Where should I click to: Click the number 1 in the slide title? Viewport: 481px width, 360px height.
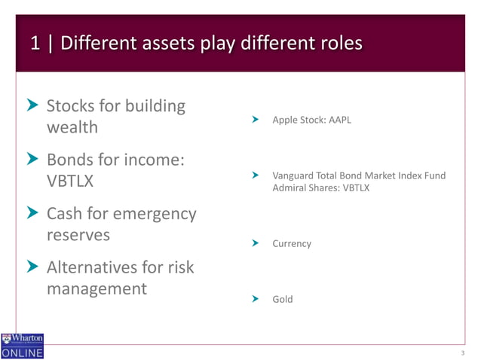[x=35, y=44]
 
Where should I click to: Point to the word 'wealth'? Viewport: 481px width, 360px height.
[x=72, y=127]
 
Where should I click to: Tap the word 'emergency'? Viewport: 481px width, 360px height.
[x=154, y=214]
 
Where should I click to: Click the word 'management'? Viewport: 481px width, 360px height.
[x=97, y=289]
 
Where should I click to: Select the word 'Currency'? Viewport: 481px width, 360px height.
[x=292, y=244]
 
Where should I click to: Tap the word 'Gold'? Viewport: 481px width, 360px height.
[x=283, y=299]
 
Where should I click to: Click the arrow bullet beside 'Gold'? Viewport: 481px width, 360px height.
[x=256, y=299]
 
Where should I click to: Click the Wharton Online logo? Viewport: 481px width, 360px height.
[x=23, y=346]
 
